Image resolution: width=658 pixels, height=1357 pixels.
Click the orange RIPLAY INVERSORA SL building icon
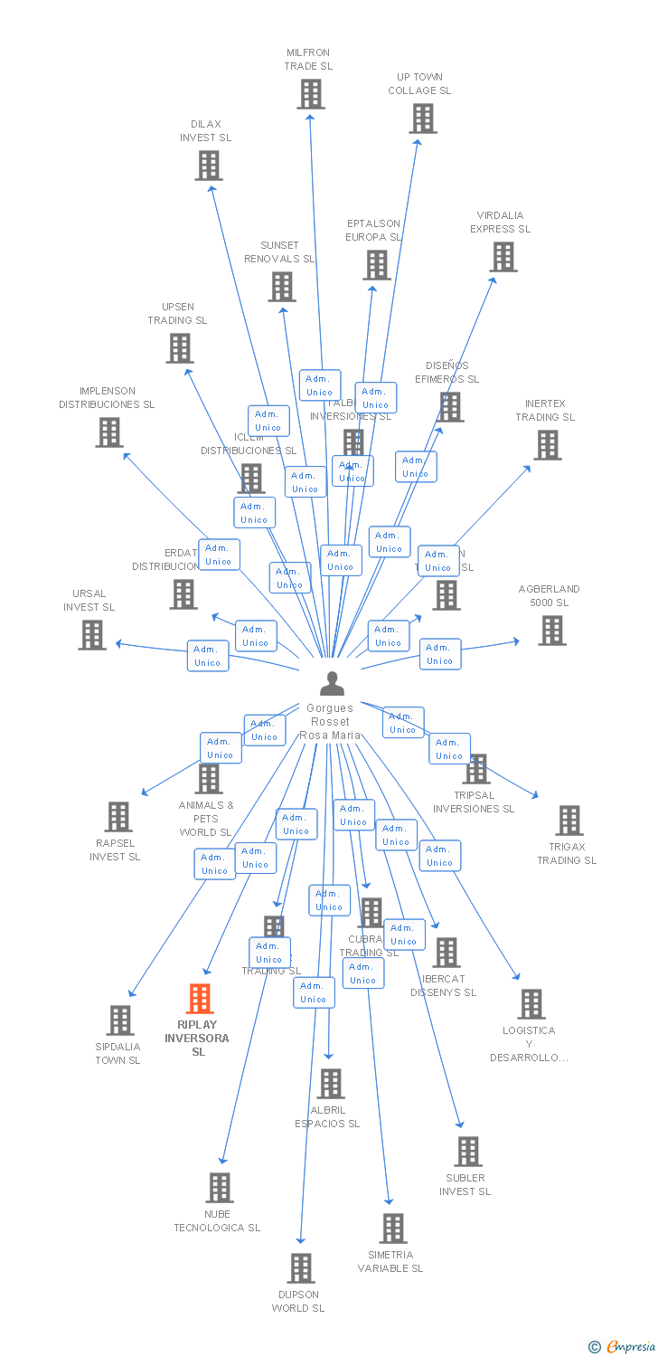tap(200, 999)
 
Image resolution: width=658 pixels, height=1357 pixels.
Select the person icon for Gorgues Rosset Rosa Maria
tap(333, 684)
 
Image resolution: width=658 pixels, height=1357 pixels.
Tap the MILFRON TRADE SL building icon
tap(310, 94)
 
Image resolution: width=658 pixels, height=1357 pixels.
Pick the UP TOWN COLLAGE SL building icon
tap(422, 119)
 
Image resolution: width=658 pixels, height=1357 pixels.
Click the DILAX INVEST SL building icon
tap(209, 166)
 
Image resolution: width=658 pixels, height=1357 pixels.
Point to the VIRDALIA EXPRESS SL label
tap(500, 223)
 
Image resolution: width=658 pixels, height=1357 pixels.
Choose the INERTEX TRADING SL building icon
tap(547, 445)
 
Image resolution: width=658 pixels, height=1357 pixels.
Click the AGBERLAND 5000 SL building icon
tap(551, 631)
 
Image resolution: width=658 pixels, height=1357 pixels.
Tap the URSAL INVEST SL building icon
tap(92, 635)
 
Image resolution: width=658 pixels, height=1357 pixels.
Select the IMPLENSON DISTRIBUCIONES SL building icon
tap(109, 432)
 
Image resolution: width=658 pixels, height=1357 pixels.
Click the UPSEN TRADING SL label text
tap(177, 314)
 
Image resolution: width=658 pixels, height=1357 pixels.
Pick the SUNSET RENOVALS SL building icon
tap(282, 287)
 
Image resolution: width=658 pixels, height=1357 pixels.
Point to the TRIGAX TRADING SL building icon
tap(569, 821)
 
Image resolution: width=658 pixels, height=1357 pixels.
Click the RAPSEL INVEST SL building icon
tap(117, 817)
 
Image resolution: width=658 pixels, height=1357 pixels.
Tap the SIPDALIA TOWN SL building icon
tap(119, 1020)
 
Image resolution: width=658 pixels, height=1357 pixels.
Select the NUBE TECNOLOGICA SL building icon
tap(220, 1188)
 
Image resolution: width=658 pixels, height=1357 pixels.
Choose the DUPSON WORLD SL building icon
tap(301, 1268)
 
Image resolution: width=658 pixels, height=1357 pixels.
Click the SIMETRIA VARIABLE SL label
tap(390, 1261)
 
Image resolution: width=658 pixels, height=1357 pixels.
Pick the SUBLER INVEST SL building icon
tap(467, 1152)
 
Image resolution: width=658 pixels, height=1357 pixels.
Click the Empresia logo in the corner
tap(622, 1347)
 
